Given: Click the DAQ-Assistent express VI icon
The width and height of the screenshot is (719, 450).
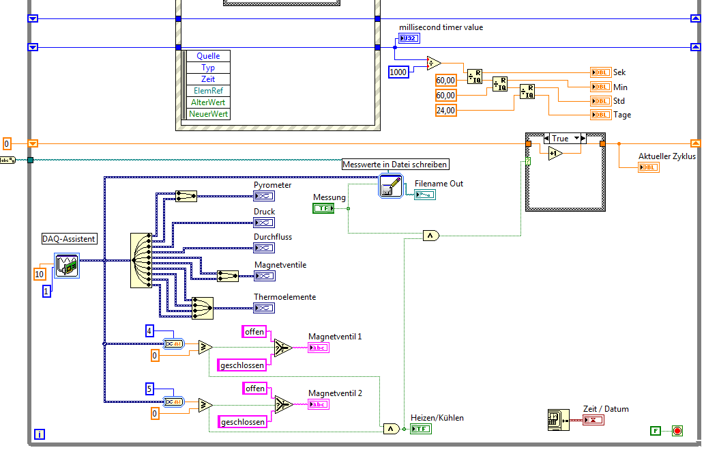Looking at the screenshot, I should tap(67, 266).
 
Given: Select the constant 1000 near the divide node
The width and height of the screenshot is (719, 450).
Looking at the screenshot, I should tap(398, 72).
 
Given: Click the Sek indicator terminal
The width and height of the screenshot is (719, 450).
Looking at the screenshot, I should tap(601, 72).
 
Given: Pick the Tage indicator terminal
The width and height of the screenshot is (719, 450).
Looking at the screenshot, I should tap(601, 115).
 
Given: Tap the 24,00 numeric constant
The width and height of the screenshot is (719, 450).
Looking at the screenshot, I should tap(446, 110).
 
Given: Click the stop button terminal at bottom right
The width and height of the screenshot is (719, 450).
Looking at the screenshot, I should tap(677, 430).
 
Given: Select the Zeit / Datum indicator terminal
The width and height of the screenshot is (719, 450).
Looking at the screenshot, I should tap(593, 419).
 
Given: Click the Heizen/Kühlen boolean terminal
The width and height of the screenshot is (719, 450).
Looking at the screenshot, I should tap(421, 429).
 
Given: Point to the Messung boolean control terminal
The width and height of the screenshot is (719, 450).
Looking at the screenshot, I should tap(323, 208).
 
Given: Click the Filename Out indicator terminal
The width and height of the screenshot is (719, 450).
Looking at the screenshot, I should tap(424, 195).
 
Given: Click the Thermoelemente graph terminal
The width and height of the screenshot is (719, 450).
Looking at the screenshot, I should tap(264, 308).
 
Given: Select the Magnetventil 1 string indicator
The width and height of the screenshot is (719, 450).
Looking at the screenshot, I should tap(319, 348).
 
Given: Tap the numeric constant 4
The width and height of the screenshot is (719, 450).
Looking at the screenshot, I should tap(149, 331).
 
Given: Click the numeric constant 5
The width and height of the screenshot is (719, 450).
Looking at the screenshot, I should tap(149, 389).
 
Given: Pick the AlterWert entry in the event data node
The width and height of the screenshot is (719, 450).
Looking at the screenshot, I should tap(208, 102).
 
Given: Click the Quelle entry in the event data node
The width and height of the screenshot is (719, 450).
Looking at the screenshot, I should tap(208, 56).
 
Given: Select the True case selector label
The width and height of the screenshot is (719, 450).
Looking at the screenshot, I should tap(560, 139).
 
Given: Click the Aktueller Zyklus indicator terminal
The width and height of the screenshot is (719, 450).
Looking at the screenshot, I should tap(649, 167).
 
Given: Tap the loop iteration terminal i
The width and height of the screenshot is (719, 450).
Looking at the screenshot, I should tap(40, 434).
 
